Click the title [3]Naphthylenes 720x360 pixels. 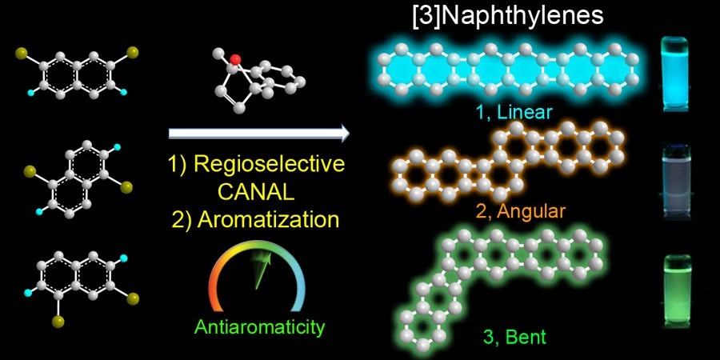pos(508,15)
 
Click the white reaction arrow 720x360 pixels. pos(259,133)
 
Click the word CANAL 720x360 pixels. pos(256,192)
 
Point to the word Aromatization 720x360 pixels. pos(269,219)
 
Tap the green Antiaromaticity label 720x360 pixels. pos(259,327)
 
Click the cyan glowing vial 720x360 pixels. pos(674,75)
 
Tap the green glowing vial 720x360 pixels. pos(677,292)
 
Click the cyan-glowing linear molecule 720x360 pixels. pos(508,70)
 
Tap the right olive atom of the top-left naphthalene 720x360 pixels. pos(133,52)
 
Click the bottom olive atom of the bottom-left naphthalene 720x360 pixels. pos(58,322)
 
